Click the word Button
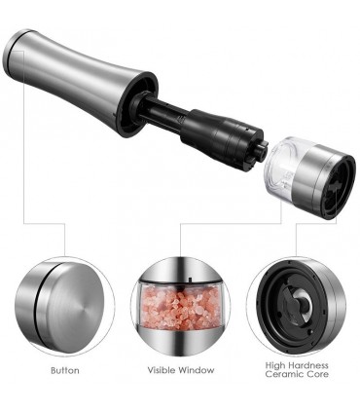(65, 370)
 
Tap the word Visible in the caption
(162, 370)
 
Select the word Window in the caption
(197, 370)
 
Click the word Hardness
(309, 365)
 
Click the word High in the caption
(276, 366)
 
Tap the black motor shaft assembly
(201, 129)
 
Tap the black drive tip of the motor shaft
(261, 153)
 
